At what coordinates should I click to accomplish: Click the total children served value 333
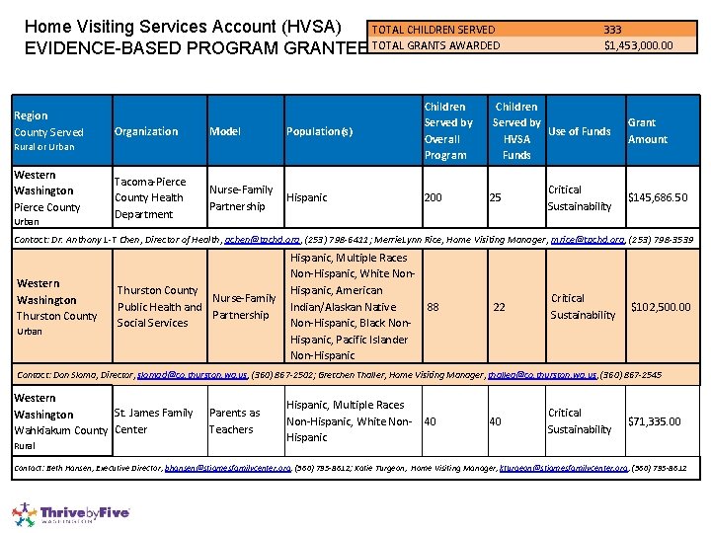[x=612, y=30]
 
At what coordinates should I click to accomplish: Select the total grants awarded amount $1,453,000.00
[x=638, y=45]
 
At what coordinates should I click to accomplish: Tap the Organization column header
[x=146, y=131]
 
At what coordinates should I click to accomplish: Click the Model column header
[x=225, y=131]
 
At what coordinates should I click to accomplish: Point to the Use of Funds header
[x=579, y=131]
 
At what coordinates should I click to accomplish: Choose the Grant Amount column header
[x=647, y=131]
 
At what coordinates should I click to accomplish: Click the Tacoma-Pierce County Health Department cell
[x=149, y=197]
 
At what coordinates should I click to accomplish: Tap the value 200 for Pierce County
[x=434, y=197]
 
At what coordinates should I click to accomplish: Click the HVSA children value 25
[x=496, y=197]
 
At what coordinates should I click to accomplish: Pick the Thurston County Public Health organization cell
[x=158, y=306]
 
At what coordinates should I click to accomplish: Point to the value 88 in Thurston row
[x=433, y=307]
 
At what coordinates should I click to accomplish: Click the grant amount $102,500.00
[x=661, y=307]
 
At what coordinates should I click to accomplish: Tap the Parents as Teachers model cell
[x=234, y=420]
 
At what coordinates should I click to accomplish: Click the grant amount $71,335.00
[x=654, y=421]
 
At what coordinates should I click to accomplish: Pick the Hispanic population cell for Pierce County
[x=306, y=197]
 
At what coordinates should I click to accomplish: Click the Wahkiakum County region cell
[x=59, y=430]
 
